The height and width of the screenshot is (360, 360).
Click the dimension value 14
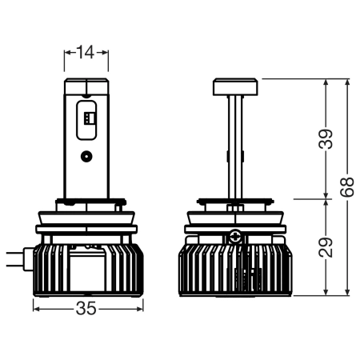86,52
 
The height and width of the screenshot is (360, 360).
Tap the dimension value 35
86,309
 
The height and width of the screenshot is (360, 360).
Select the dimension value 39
326,139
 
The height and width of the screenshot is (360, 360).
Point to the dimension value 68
347,187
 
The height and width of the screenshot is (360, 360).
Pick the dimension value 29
326,247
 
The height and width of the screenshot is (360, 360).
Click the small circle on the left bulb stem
86,156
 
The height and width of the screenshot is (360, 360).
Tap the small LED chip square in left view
86,118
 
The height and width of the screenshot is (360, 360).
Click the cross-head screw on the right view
235,236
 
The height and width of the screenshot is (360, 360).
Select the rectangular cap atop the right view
235,86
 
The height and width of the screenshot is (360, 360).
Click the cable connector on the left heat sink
28,259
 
